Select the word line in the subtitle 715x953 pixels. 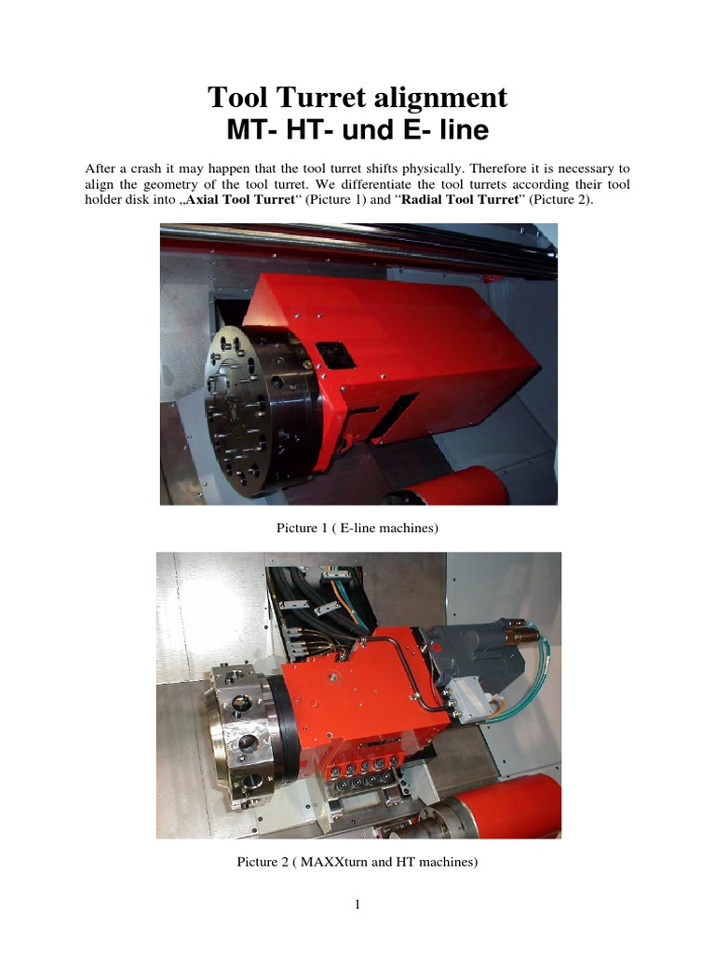[x=464, y=130]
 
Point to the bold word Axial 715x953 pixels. [x=205, y=200]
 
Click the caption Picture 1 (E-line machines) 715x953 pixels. [x=357, y=529]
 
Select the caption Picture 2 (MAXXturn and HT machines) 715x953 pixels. [x=357, y=863]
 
